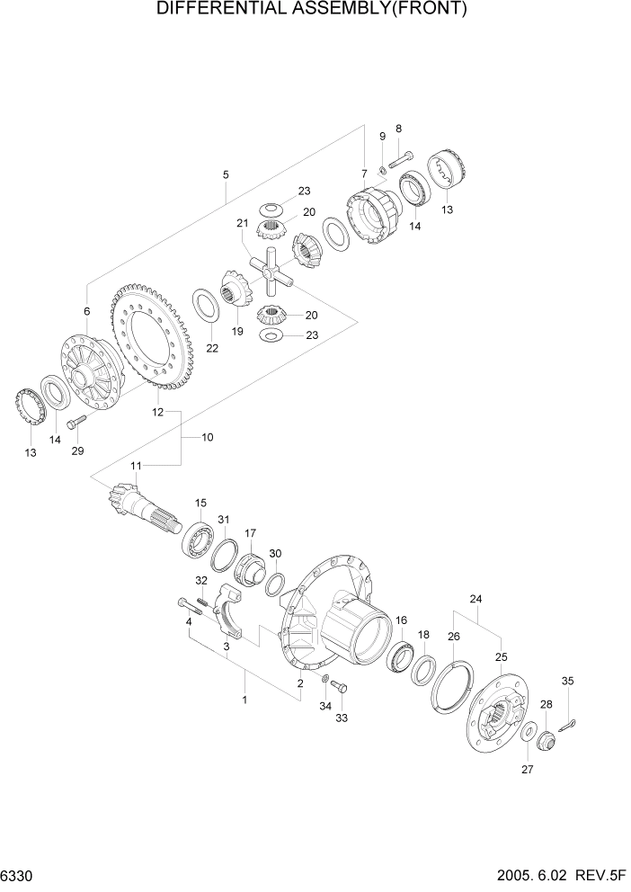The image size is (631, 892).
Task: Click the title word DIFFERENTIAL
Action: (226, 10)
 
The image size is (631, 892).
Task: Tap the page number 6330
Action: (21, 875)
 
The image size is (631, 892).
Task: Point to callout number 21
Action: (242, 224)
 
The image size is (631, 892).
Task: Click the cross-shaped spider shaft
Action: (271, 269)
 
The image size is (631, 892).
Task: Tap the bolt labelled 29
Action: (76, 421)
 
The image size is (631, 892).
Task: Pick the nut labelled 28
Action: (544, 740)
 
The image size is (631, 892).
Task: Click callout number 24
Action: (475, 598)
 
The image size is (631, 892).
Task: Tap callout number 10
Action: (207, 437)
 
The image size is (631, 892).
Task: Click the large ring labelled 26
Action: (453, 685)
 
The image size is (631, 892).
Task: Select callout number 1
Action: (244, 697)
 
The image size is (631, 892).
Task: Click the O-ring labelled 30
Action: (275, 585)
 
